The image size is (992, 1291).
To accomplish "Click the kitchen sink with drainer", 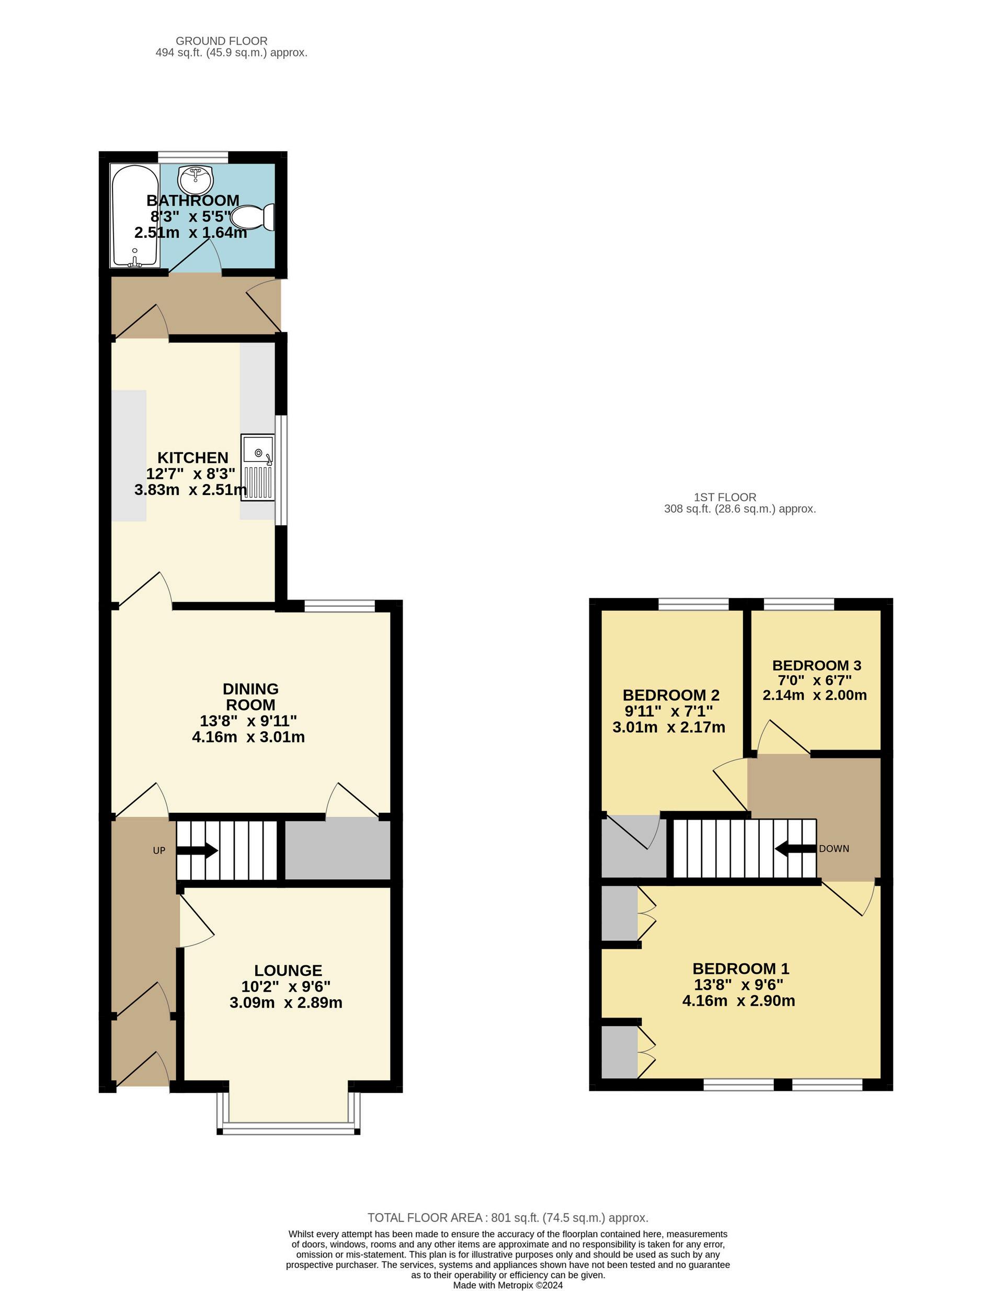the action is pyautogui.click(x=257, y=467).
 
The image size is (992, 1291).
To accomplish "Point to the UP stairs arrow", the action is pyautogui.click(x=197, y=851).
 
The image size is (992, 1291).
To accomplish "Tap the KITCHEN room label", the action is pyautogui.click(x=192, y=458).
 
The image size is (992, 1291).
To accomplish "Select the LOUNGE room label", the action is pyautogui.click(x=288, y=971).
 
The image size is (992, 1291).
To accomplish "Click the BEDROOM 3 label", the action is pyautogui.click(x=817, y=665).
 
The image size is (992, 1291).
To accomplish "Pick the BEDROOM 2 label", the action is pyautogui.click(x=671, y=695).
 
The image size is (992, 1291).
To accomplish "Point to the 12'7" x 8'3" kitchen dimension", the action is pyautogui.click(x=191, y=474).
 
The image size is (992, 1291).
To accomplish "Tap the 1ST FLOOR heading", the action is pyautogui.click(x=725, y=498).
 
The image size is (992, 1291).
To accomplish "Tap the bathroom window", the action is pyautogui.click(x=193, y=156).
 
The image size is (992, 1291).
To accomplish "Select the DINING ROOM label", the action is pyautogui.click(x=251, y=697).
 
